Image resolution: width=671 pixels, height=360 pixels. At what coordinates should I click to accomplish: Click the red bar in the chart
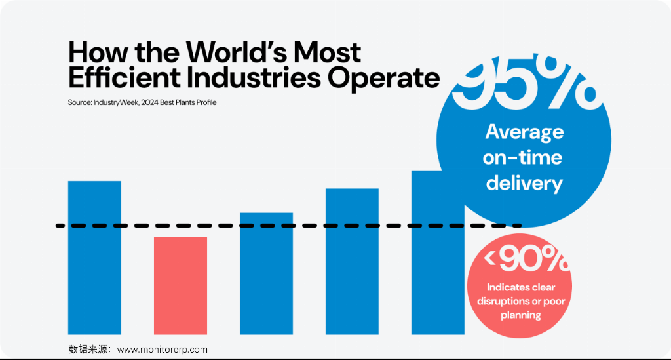point(180,285)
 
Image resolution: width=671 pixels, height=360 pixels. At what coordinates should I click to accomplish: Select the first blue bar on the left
point(94,257)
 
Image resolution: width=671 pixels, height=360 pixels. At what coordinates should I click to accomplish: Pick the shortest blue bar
point(266,273)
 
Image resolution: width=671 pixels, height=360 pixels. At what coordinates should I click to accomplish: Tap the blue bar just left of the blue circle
point(352,261)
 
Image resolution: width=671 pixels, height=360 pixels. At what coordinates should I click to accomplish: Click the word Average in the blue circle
point(524,132)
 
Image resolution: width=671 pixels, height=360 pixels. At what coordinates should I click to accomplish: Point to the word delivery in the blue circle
point(524,183)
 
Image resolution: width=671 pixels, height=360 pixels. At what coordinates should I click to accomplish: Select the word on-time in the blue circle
point(523,157)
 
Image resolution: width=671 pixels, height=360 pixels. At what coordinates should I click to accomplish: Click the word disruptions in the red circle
point(504,301)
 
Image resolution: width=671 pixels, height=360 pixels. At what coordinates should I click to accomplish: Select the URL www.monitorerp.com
point(163,350)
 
